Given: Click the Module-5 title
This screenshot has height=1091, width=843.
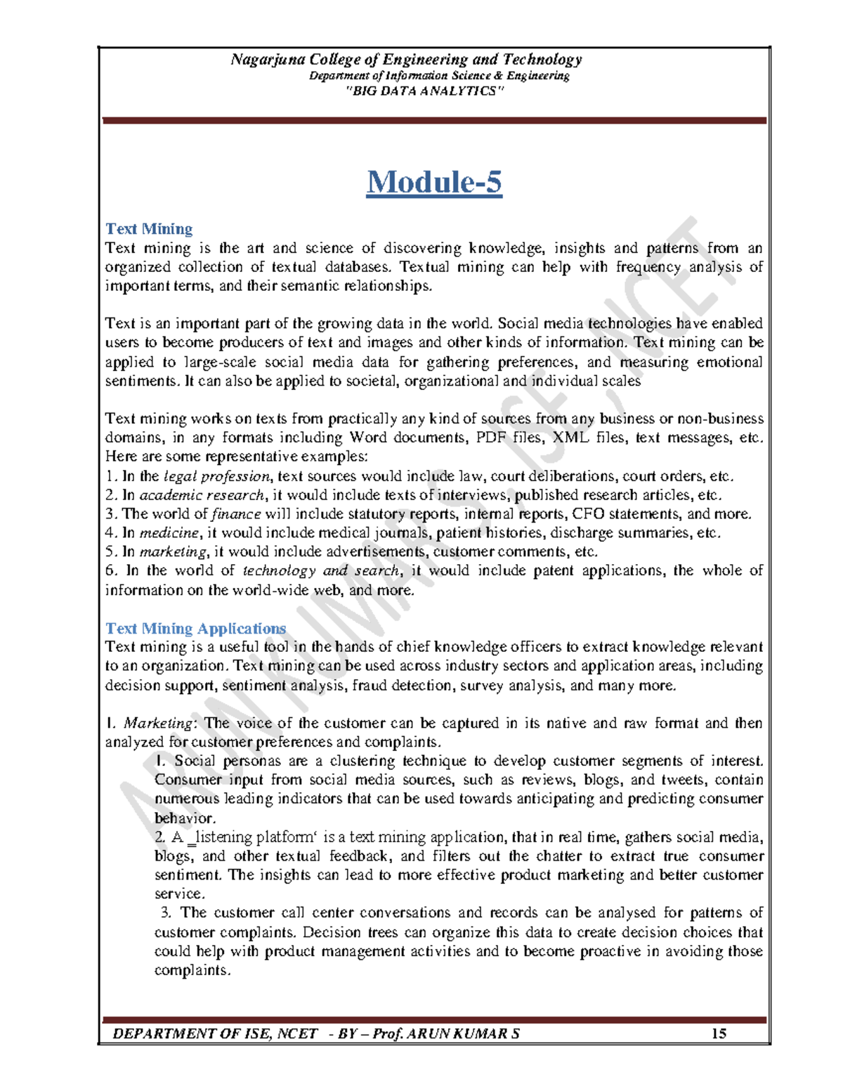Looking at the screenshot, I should point(434,182).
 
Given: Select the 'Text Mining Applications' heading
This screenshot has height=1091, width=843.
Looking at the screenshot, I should point(195,628).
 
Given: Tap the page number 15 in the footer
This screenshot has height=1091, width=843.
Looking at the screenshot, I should point(718,1033).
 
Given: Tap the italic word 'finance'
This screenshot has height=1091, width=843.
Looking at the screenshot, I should point(236,514).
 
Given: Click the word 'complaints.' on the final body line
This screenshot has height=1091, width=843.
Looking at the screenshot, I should point(192,971).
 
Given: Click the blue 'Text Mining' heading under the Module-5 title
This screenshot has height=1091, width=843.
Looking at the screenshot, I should point(149,229).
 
